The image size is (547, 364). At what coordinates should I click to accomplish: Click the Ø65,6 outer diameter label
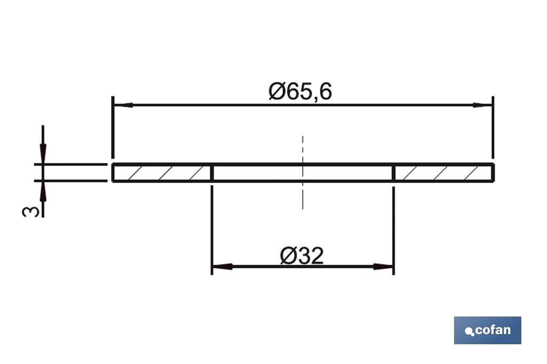[x=300, y=92]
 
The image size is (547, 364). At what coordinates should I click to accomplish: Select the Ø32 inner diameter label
[x=302, y=256]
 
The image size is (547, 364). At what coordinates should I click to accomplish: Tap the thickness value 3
[x=31, y=211]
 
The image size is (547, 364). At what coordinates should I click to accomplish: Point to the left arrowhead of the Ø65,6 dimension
[x=122, y=105]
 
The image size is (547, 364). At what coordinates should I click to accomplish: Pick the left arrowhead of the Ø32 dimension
[x=221, y=266]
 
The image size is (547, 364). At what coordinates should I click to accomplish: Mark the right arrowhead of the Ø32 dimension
[x=384, y=266]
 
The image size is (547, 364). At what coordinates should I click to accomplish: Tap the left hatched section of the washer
[x=162, y=173]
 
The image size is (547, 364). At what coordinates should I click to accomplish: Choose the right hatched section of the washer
[x=443, y=173]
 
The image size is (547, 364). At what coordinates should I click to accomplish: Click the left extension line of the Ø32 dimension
[x=212, y=224]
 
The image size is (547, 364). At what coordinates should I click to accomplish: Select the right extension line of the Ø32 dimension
[x=394, y=224]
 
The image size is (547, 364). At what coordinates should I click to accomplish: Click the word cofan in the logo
[x=492, y=330]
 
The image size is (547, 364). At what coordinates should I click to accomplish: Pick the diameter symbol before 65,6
[x=277, y=92]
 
